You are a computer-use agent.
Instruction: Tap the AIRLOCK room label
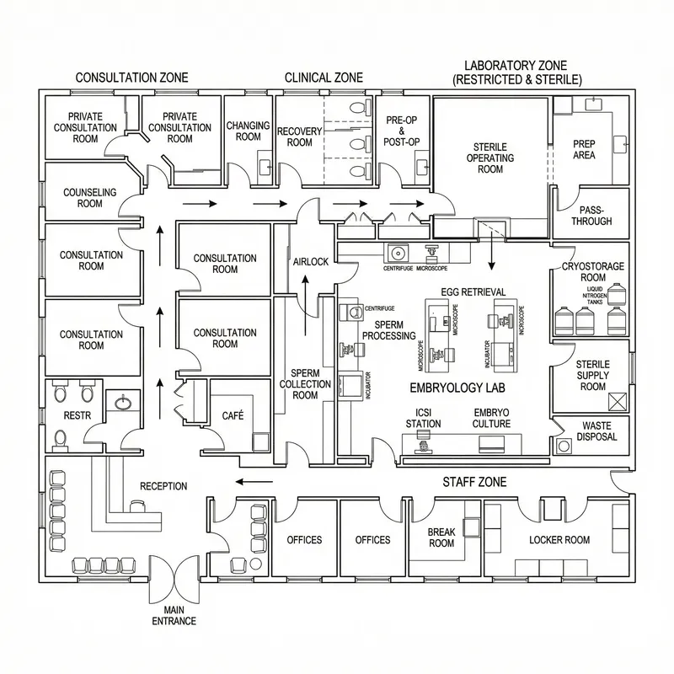(310, 262)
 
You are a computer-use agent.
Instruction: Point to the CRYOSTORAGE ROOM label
(593, 272)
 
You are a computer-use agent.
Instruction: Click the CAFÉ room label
(233, 415)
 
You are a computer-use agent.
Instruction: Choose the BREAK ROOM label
(441, 538)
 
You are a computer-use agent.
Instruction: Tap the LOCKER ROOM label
(559, 539)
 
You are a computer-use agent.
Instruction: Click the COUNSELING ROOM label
(89, 198)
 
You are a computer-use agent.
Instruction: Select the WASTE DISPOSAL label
(596, 431)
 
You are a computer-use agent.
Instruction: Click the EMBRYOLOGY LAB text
(446, 388)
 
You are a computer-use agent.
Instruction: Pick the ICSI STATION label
(423, 418)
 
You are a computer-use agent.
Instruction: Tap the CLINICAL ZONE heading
(324, 78)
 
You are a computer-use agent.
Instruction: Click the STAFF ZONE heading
(474, 482)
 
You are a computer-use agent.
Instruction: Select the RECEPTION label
(163, 486)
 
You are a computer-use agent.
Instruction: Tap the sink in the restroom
(124, 403)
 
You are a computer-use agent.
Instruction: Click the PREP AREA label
(584, 149)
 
